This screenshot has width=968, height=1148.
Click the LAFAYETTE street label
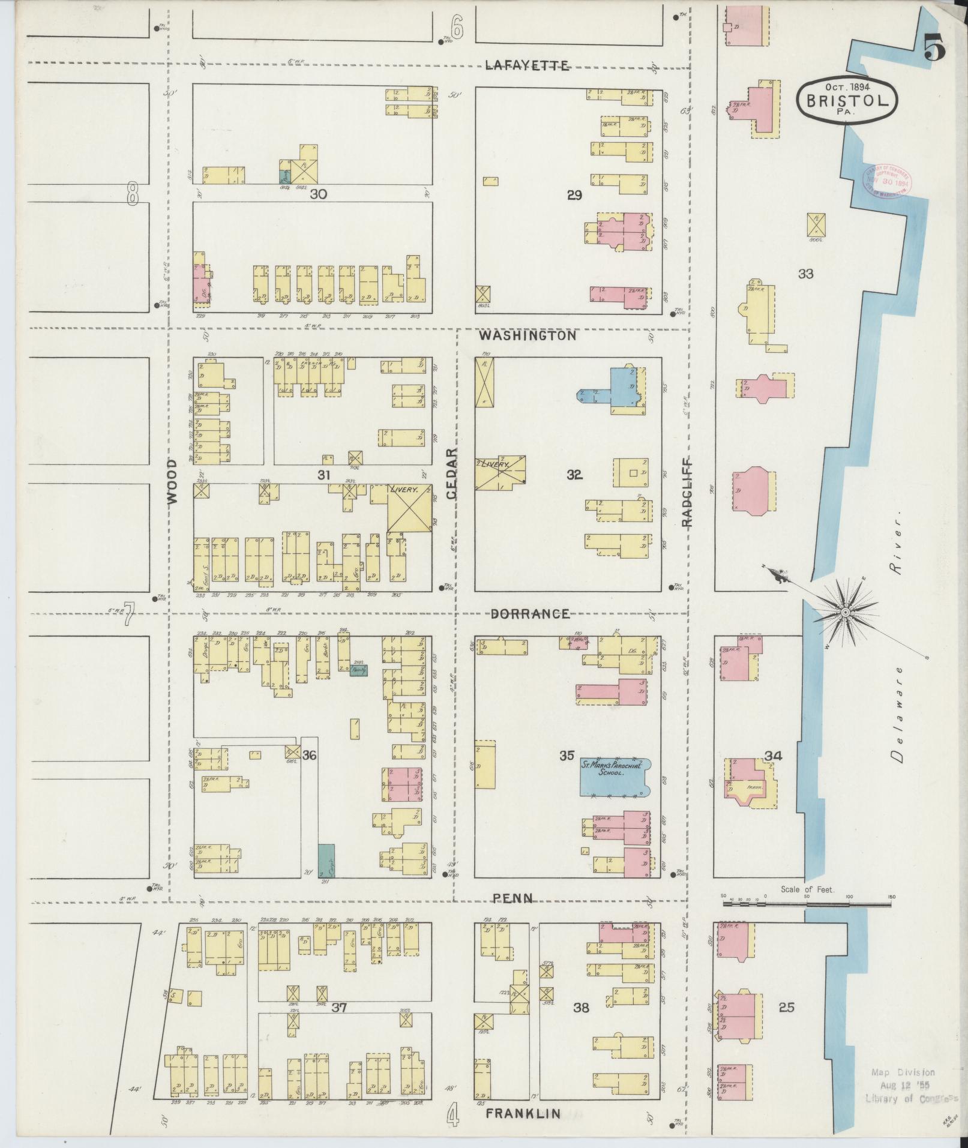527,66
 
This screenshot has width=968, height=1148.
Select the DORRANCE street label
530,614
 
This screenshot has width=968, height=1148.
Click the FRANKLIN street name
523,1114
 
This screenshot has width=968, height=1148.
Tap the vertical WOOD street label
173,481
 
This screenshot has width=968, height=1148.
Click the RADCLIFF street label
687,492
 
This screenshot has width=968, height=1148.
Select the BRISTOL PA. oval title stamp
847,100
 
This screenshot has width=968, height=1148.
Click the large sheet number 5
934,47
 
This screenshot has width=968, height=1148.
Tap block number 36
309,755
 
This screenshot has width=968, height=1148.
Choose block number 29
574,195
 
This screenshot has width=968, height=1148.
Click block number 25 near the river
786,1007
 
